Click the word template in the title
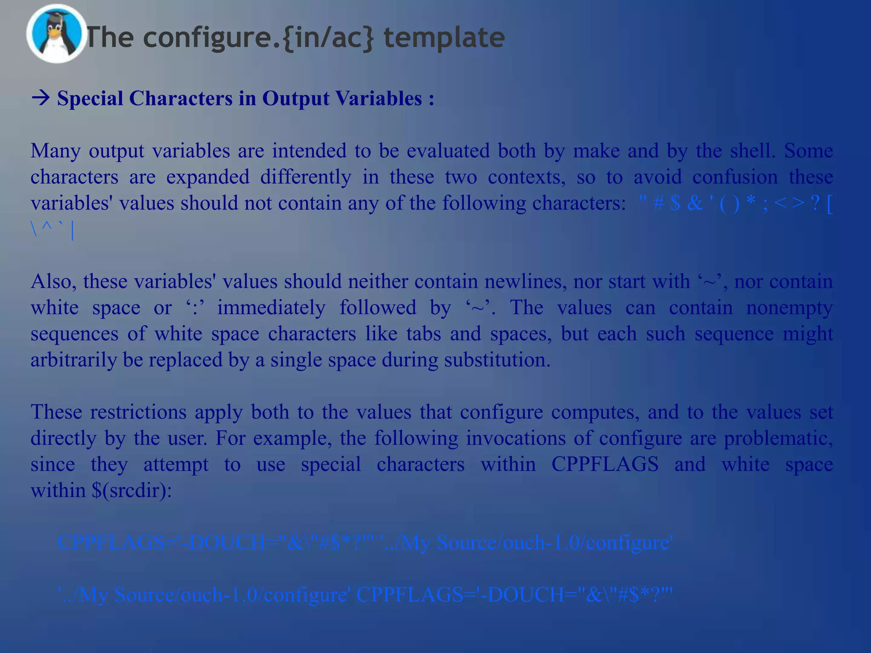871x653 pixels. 444,37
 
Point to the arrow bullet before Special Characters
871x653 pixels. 41,99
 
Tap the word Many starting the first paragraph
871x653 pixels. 55,151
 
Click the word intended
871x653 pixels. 309,151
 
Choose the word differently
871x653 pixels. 306,177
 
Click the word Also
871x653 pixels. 53,282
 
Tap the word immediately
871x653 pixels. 271,308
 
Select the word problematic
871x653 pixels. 778,438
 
